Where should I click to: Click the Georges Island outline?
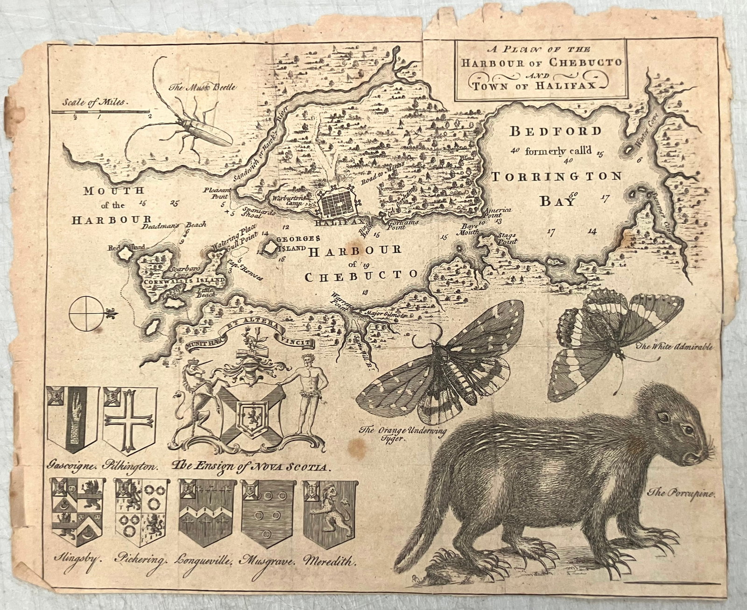pos(269,247)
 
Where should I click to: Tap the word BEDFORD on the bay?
pos(555,132)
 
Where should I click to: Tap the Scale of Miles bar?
pos(100,112)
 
